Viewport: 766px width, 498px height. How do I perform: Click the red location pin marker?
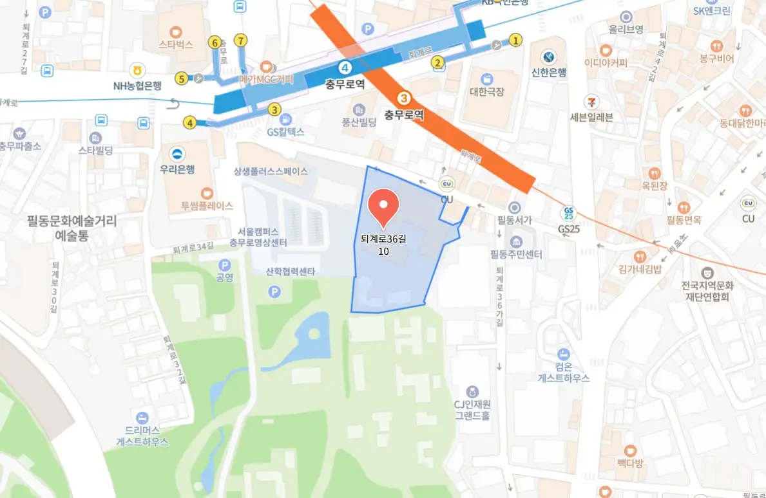[x=383, y=207]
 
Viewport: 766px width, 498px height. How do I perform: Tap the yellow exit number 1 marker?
[x=515, y=40]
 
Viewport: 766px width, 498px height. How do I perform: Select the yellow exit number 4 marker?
[x=189, y=122]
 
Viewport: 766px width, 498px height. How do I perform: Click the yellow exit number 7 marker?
[x=241, y=40]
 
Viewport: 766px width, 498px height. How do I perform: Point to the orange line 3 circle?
[x=404, y=98]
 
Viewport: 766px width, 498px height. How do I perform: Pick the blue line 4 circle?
[x=346, y=68]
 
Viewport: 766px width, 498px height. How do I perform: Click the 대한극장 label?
[x=486, y=91]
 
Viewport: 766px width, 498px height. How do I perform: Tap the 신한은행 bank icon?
[x=548, y=57]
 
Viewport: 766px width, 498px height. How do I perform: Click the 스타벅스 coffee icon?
[x=176, y=31]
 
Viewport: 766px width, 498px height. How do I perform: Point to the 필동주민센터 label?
[x=516, y=254]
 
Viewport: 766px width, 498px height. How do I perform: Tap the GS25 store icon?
[x=568, y=212]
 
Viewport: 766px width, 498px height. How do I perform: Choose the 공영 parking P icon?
[x=224, y=264]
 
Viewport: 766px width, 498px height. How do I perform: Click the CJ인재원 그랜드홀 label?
[x=472, y=410]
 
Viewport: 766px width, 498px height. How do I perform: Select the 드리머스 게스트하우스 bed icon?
[x=142, y=418]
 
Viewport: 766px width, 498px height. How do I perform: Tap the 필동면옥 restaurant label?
[x=684, y=221]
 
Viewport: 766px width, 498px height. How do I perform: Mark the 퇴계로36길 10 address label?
[x=383, y=244]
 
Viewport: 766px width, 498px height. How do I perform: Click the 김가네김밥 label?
[x=639, y=270]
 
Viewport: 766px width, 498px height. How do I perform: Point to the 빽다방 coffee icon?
[x=630, y=450]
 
